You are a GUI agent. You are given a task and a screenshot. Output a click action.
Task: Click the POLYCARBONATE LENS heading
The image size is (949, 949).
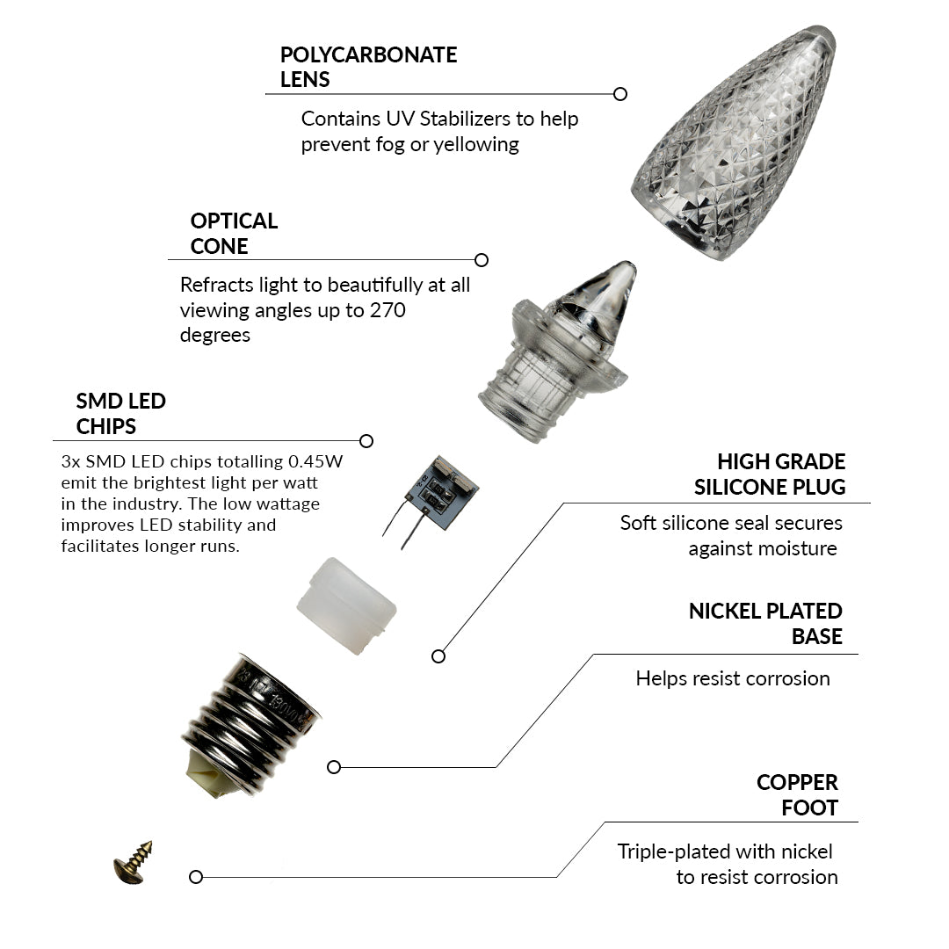pos(368,67)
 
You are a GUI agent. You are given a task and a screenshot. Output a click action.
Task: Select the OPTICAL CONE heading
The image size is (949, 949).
pos(234,234)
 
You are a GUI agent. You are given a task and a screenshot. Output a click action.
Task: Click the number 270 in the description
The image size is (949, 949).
pos(388,310)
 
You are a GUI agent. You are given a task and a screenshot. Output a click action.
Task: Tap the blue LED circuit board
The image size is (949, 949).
pos(443,492)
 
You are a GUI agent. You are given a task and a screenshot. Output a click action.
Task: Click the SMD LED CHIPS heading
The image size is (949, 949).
pos(120,414)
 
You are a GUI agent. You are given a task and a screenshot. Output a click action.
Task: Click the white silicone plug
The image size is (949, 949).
pos(346,605)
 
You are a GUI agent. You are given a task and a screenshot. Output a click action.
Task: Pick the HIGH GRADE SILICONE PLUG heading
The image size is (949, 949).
pos(770,474)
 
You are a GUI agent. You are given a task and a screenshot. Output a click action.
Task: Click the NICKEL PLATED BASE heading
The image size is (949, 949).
pos(765,624)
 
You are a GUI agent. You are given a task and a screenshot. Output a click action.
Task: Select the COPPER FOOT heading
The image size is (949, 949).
pos(797,795)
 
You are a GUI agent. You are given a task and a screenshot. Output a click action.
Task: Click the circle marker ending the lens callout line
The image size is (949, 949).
pos(620,94)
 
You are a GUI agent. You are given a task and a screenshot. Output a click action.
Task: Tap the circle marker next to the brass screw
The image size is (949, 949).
pos(196,877)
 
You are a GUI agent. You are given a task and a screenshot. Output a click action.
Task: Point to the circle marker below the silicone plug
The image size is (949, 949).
pos(438,656)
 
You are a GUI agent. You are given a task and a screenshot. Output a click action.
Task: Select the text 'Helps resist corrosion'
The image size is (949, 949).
pos(732,678)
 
